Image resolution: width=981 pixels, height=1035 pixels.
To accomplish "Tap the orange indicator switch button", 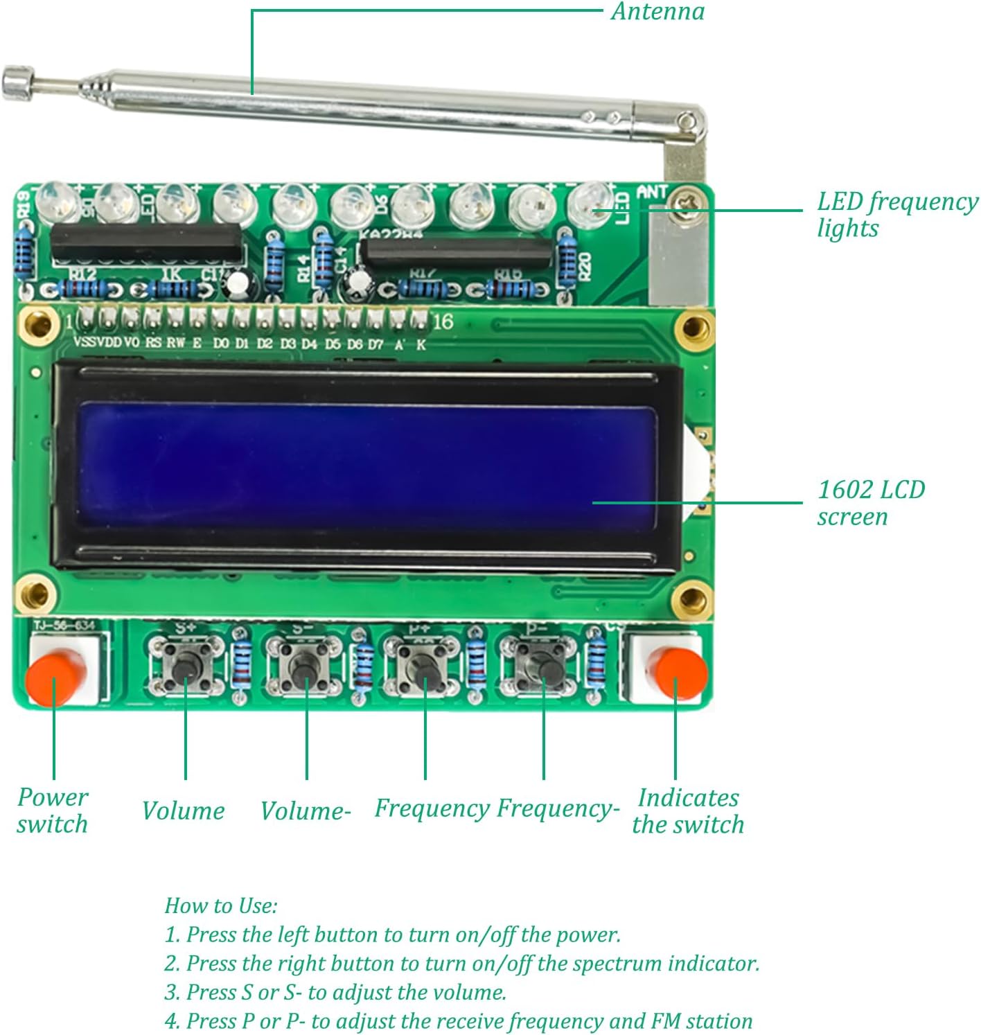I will click(x=680, y=673).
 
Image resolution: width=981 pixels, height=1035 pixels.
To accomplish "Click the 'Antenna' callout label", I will click(x=657, y=12).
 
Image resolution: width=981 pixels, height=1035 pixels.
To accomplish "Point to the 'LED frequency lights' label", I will click(x=896, y=215).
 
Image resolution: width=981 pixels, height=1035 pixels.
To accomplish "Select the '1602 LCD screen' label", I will click(x=870, y=503).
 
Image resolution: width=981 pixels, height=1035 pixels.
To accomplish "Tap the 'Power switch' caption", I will click(x=53, y=811).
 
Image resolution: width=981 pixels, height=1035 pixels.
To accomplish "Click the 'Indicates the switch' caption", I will click(x=687, y=811).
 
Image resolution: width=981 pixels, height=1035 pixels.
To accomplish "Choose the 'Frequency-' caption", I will click(x=558, y=808).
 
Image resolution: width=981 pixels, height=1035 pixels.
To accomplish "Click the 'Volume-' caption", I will click(x=306, y=811).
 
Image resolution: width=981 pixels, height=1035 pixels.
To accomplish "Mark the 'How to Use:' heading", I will click(x=221, y=905).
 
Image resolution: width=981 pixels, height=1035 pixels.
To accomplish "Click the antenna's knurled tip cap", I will click(x=18, y=82).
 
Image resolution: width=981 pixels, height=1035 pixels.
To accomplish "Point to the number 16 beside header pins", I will click(x=443, y=321).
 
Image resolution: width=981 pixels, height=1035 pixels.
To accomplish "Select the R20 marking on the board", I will click(x=584, y=265).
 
